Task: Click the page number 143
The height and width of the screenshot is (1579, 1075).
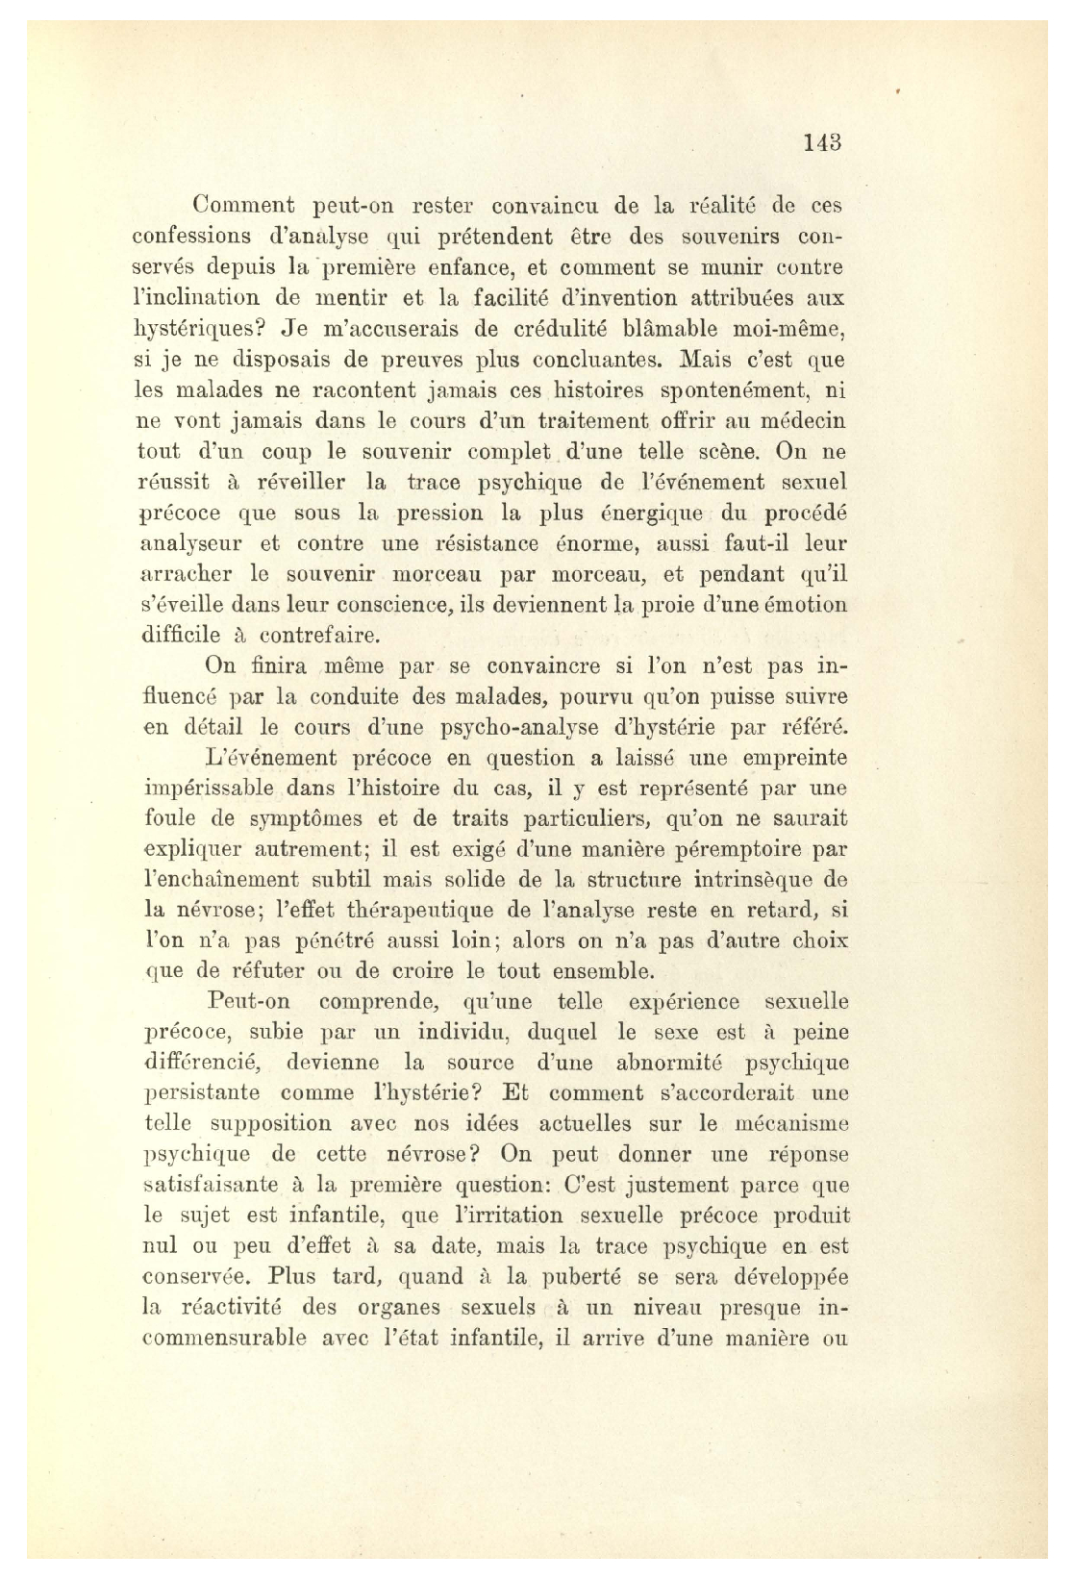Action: [823, 143]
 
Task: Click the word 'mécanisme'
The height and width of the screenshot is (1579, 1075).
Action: [790, 1124]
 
